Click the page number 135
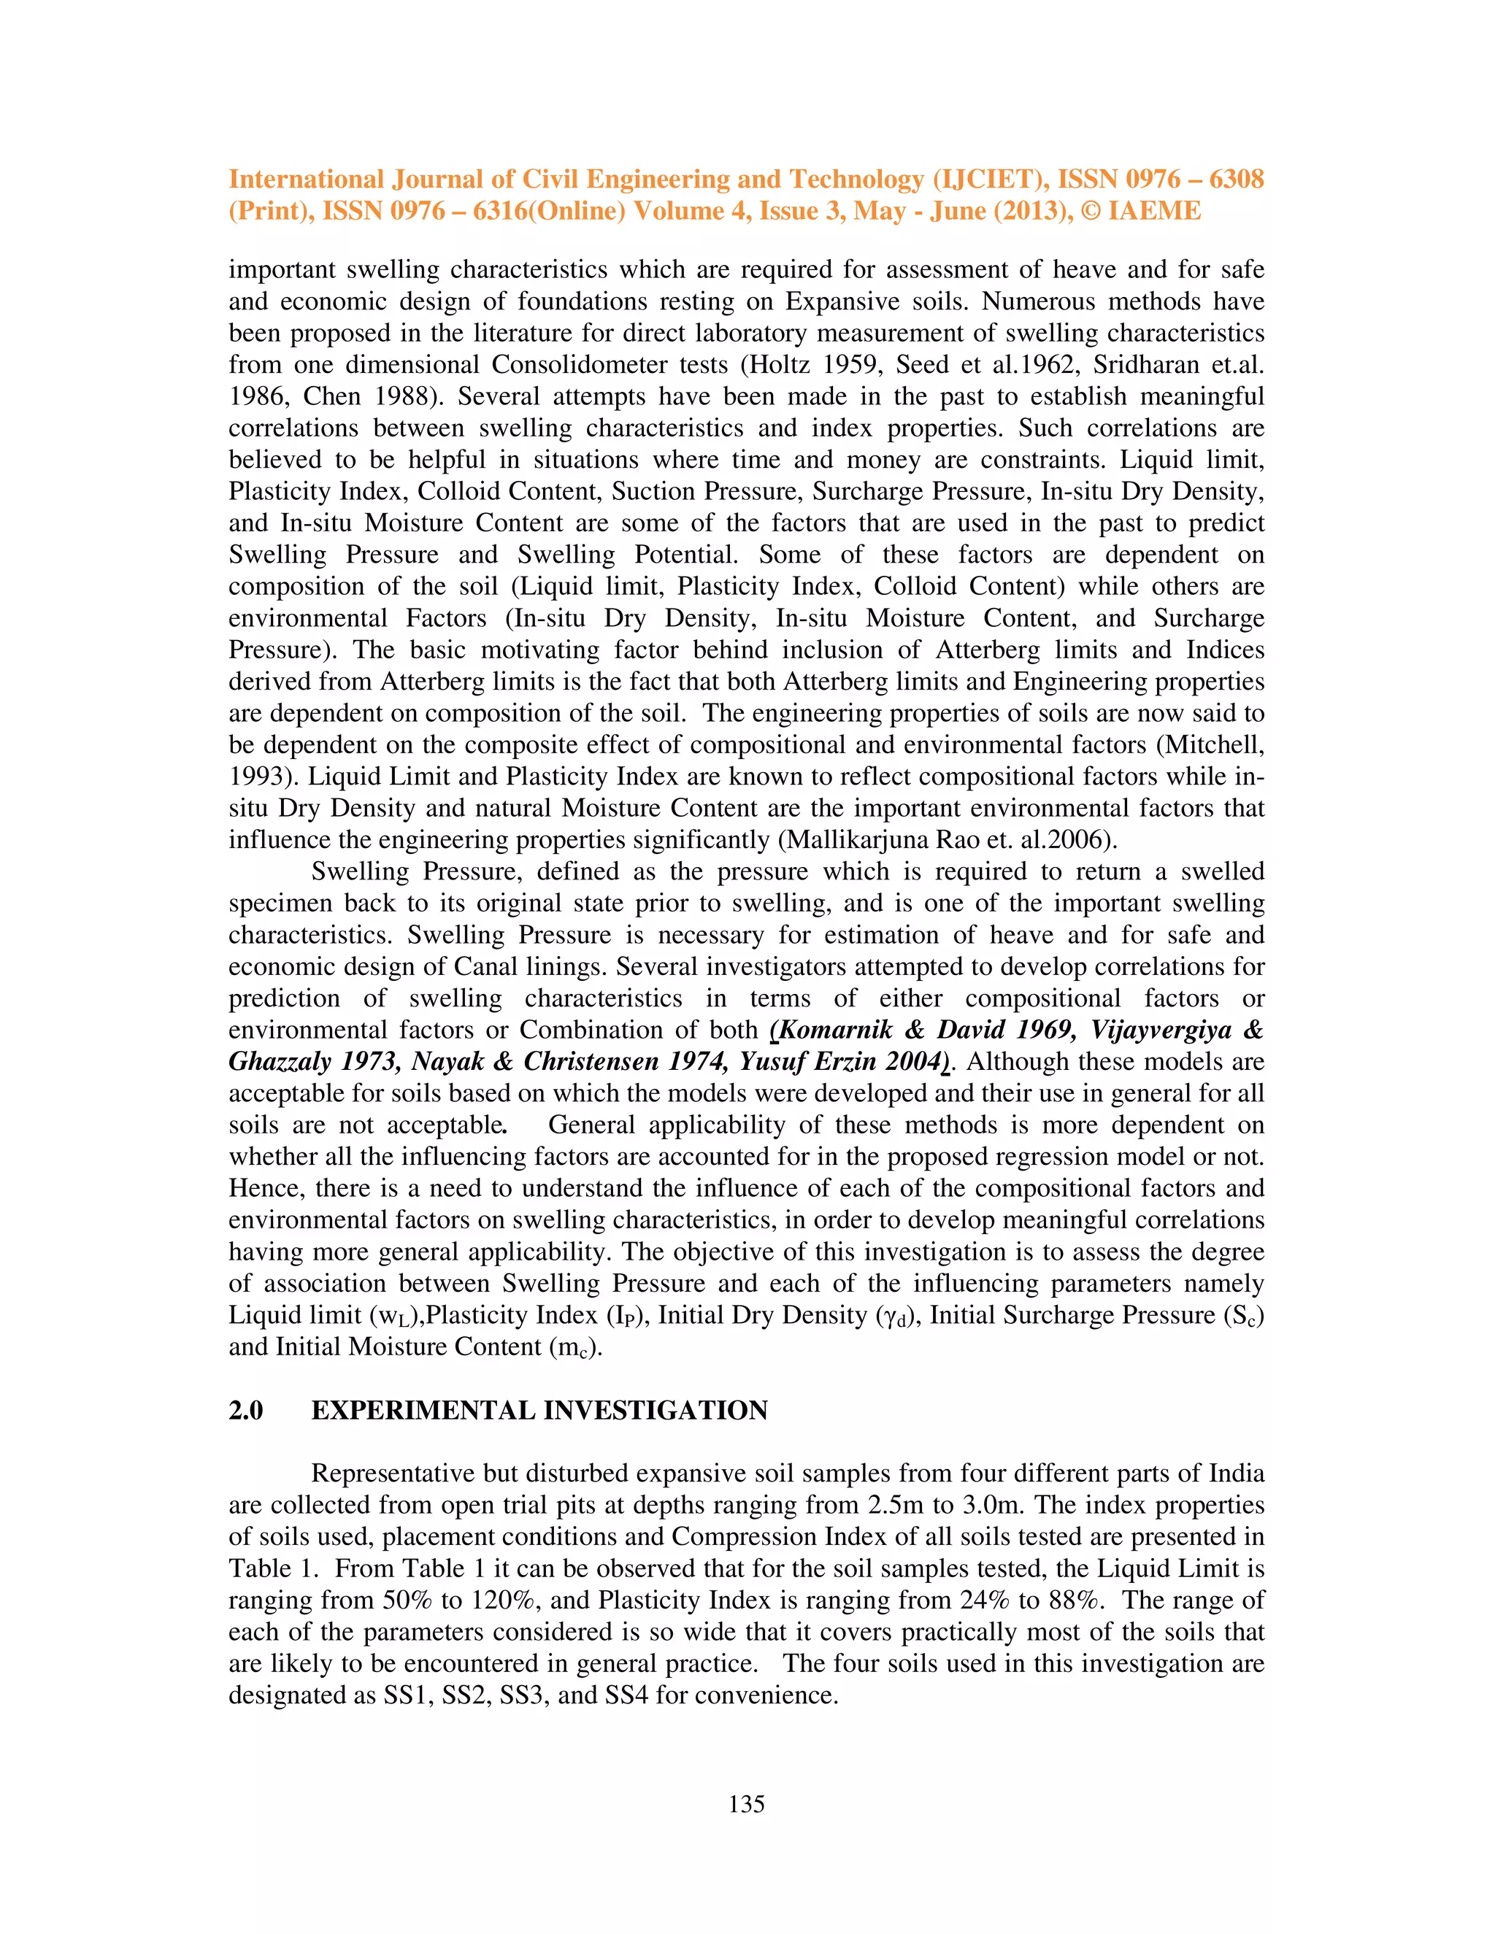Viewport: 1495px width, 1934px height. (747, 1804)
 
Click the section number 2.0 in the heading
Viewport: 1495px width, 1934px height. (245, 1410)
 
